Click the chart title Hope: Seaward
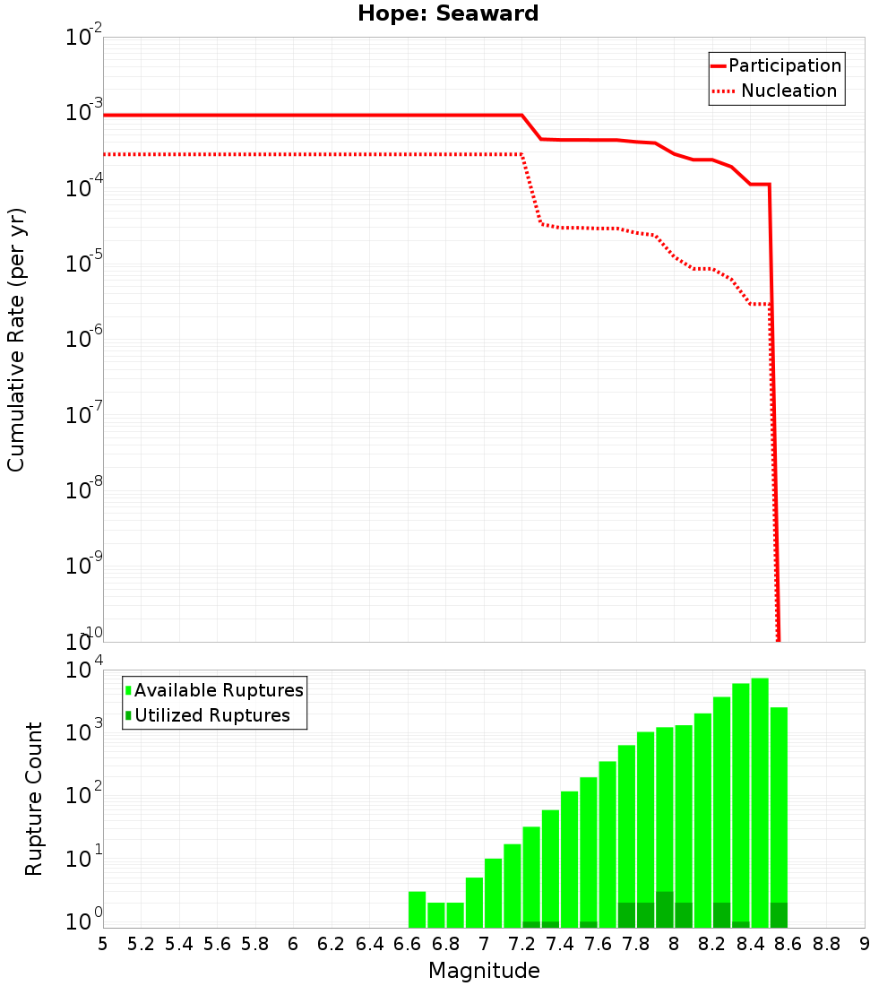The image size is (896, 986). tap(448, 13)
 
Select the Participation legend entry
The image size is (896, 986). tap(784, 65)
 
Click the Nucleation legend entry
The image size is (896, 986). tap(788, 91)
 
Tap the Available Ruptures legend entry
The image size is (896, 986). tap(218, 690)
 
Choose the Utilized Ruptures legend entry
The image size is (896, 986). tap(211, 715)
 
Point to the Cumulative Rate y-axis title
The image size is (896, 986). tap(16, 340)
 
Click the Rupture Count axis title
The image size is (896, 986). tap(34, 799)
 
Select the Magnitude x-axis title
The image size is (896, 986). tap(484, 971)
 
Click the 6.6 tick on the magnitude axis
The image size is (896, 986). tap(408, 944)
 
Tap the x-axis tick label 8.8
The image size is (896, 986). tap(826, 944)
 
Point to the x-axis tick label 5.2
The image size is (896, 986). tap(141, 944)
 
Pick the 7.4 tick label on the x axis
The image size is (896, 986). tap(560, 944)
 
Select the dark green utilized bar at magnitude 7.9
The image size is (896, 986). tap(664, 910)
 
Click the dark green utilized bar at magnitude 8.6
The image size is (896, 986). tap(779, 915)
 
